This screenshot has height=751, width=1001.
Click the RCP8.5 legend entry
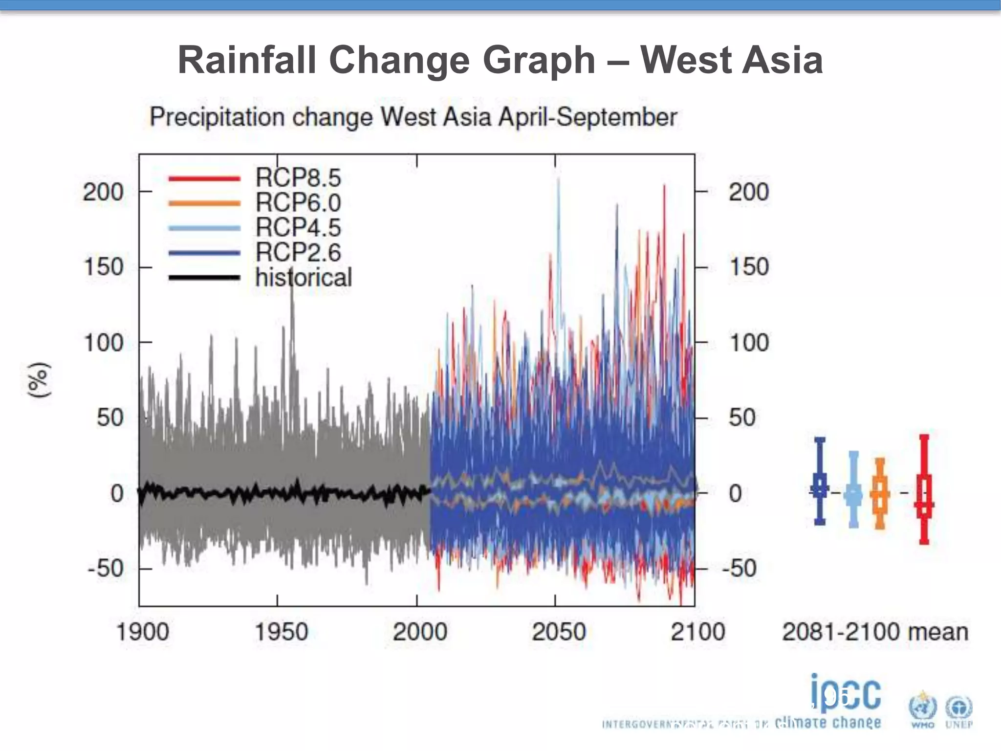(298, 177)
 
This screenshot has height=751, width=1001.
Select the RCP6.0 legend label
(298, 202)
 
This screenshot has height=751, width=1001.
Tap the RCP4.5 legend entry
(298, 227)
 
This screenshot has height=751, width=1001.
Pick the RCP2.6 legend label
(298, 252)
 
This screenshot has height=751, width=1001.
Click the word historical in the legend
(303, 277)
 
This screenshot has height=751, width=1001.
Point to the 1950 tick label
(281, 631)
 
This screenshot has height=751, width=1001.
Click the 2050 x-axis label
(558, 631)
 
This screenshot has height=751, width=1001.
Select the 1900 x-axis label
(142, 631)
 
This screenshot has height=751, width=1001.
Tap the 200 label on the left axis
(103, 192)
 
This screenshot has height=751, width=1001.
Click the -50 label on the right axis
(739, 568)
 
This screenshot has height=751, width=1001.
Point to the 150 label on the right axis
(749, 267)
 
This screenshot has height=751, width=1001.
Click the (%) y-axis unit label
(39, 380)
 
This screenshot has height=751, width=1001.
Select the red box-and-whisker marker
(924, 489)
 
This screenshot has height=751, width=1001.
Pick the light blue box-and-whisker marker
(853, 489)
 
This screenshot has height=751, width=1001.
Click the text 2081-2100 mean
(875, 631)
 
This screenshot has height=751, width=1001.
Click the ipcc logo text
(846, 693)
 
